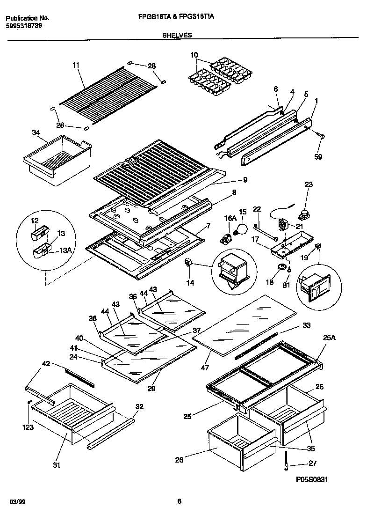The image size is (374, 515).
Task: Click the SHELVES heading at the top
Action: click(177, 35)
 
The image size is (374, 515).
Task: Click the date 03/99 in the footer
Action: click(17, 502)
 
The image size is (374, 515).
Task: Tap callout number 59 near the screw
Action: click(318, 157)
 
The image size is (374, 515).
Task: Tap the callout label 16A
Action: click(230, 218)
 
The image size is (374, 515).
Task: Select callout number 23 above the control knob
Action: click(308, 185)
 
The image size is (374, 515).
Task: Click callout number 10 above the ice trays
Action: click(194, 55)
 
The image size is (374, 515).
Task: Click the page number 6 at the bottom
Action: click(179, 502)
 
